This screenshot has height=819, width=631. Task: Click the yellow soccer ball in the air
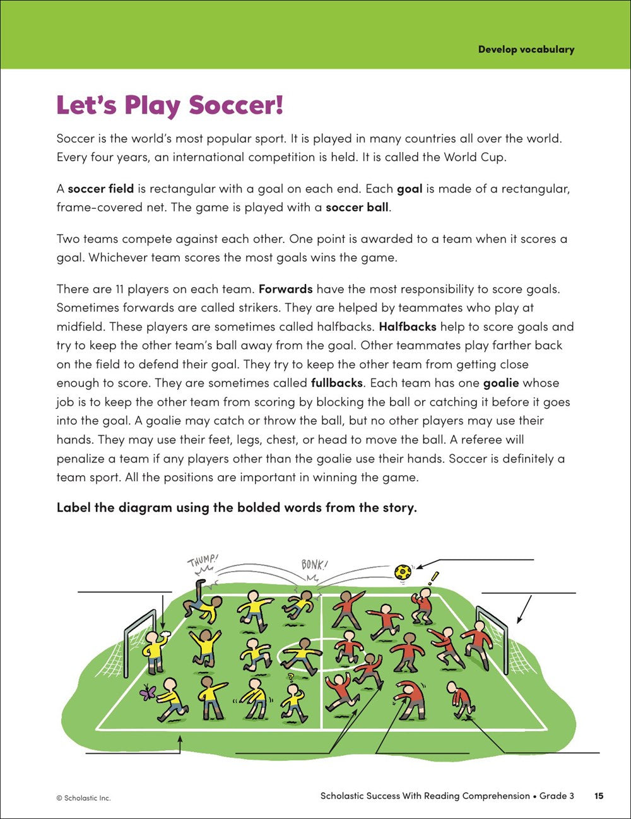(x=403, y=572)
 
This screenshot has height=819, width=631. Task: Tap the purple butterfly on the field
(x=147, y=693)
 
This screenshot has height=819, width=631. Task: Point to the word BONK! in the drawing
(x=314, y=564)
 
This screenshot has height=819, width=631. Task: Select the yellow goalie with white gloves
(x=153, y=648)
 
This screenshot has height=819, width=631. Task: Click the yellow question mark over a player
(x=291, y=678)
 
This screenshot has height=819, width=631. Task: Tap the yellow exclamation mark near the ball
(x=433, y=577)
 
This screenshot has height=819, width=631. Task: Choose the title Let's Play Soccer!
(x=170, y=105)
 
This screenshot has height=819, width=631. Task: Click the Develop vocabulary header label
(x=526, y=49)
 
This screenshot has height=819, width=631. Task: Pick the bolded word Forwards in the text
(x=286, y=289)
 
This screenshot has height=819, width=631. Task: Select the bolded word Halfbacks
(x=408, y=327)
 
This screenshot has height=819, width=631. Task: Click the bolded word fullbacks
(x=337, y=383)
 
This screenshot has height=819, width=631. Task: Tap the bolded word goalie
(x=501, y=383)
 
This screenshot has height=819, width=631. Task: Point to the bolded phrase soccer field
(x=100, y=189)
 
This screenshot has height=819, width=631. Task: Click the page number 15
(x=599, y=796)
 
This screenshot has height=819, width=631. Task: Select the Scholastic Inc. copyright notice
(x=83, y=798)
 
